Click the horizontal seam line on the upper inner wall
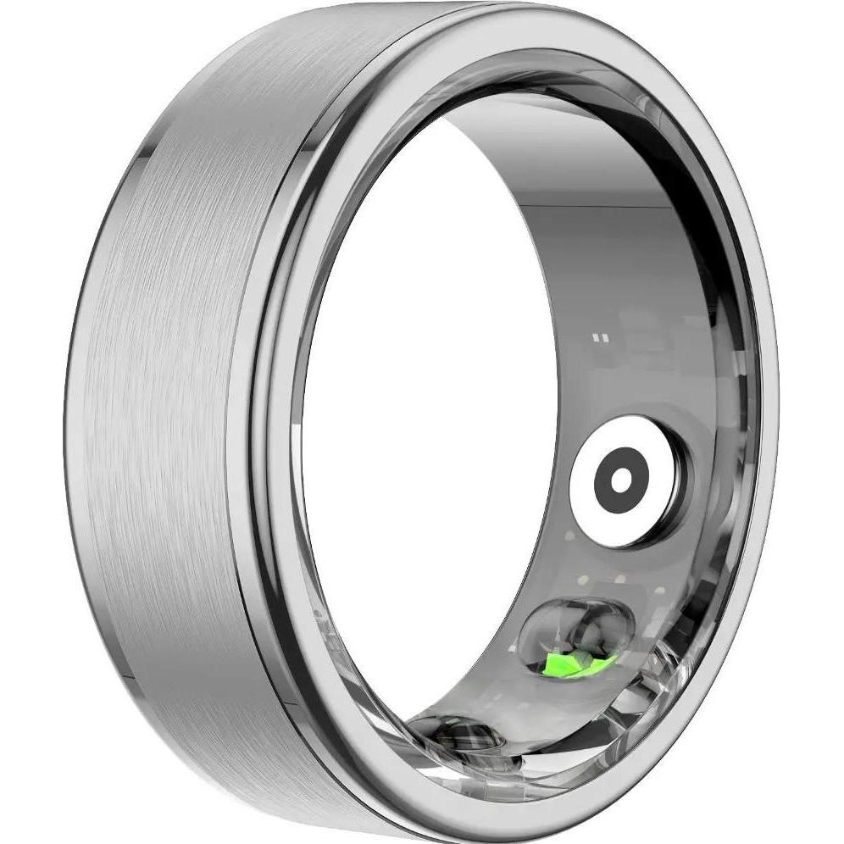[x=593, y=204]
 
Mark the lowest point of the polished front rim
[x=508, y=826]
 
